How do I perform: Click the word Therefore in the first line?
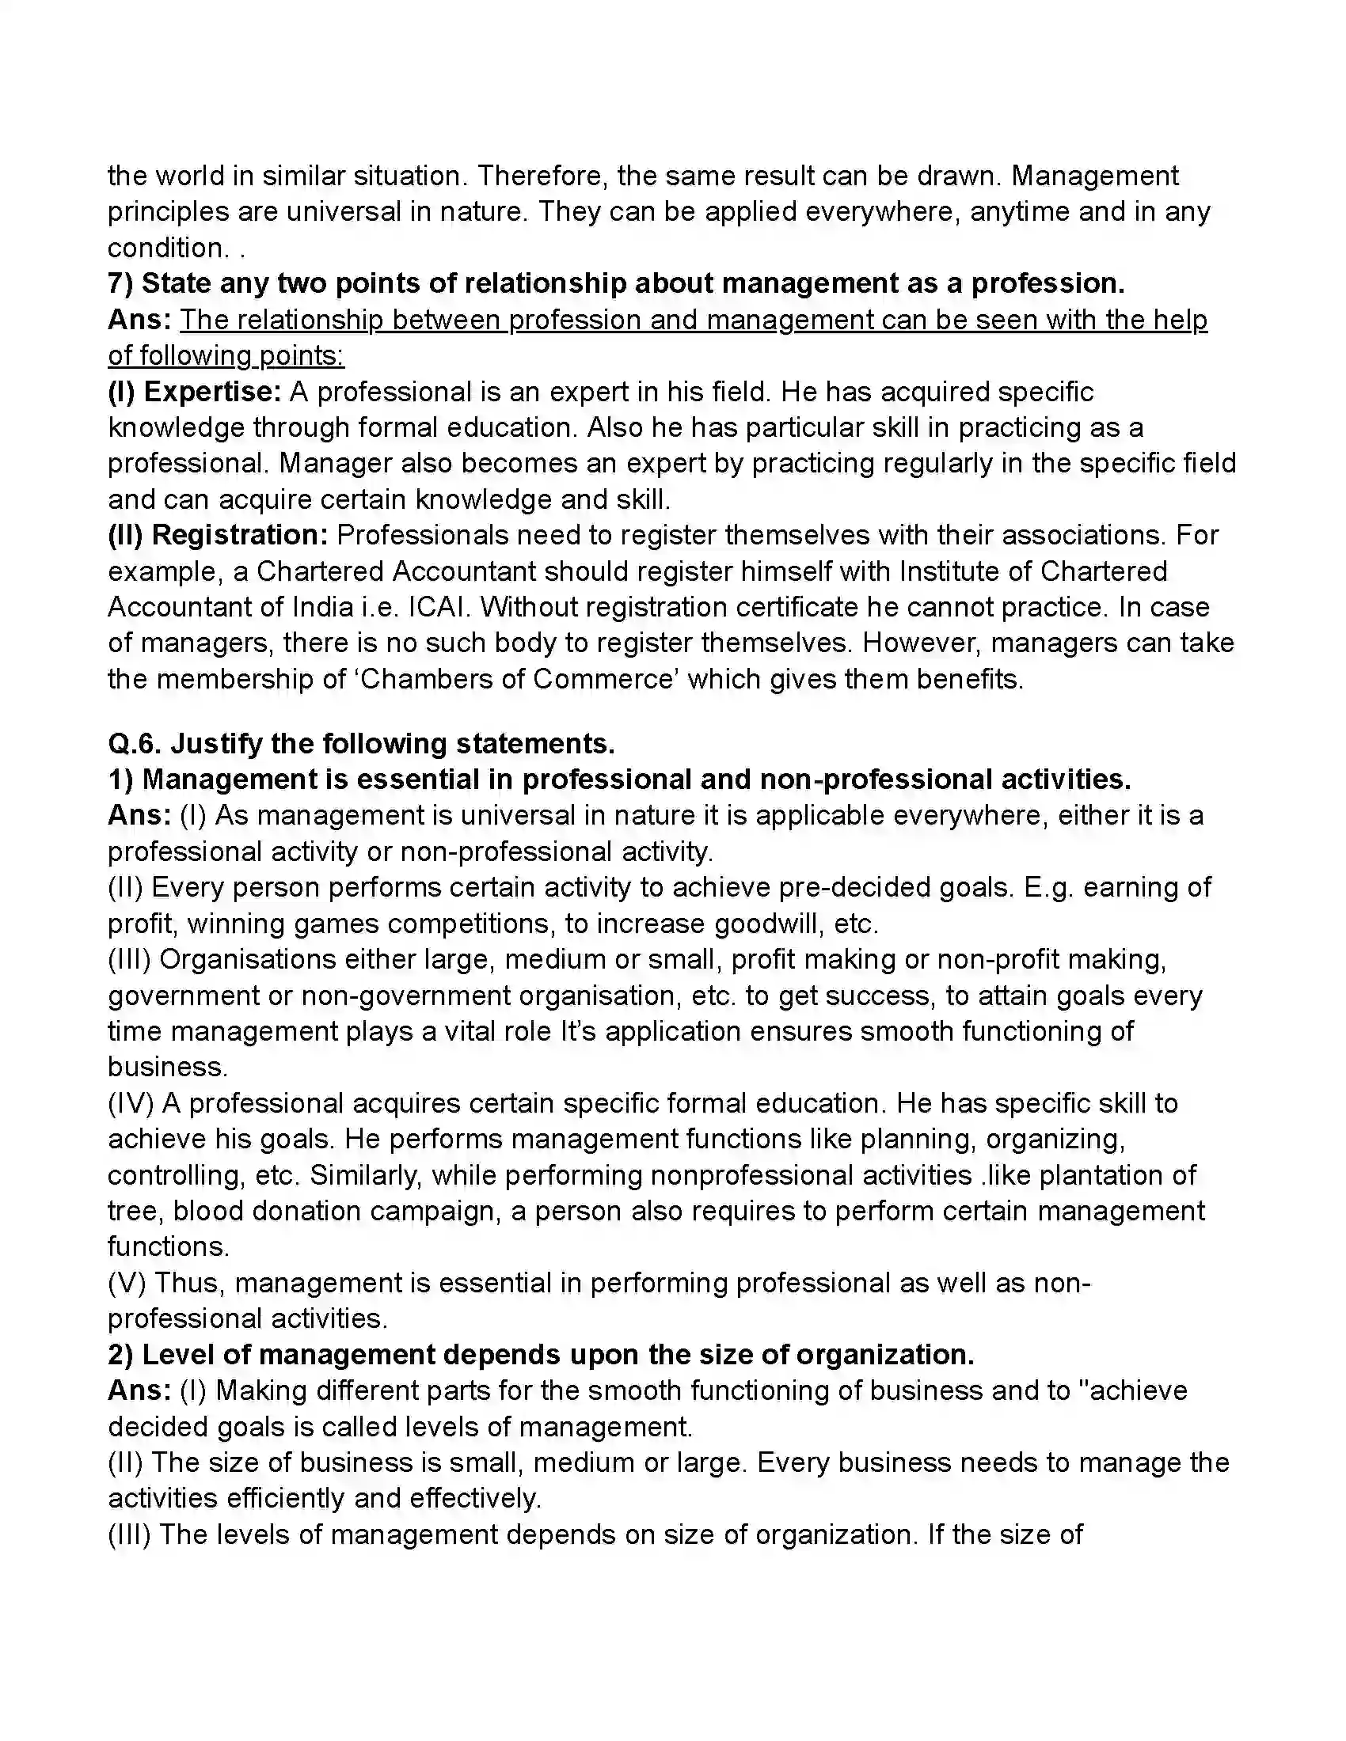[540, 176]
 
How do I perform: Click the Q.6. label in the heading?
[135, 744]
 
